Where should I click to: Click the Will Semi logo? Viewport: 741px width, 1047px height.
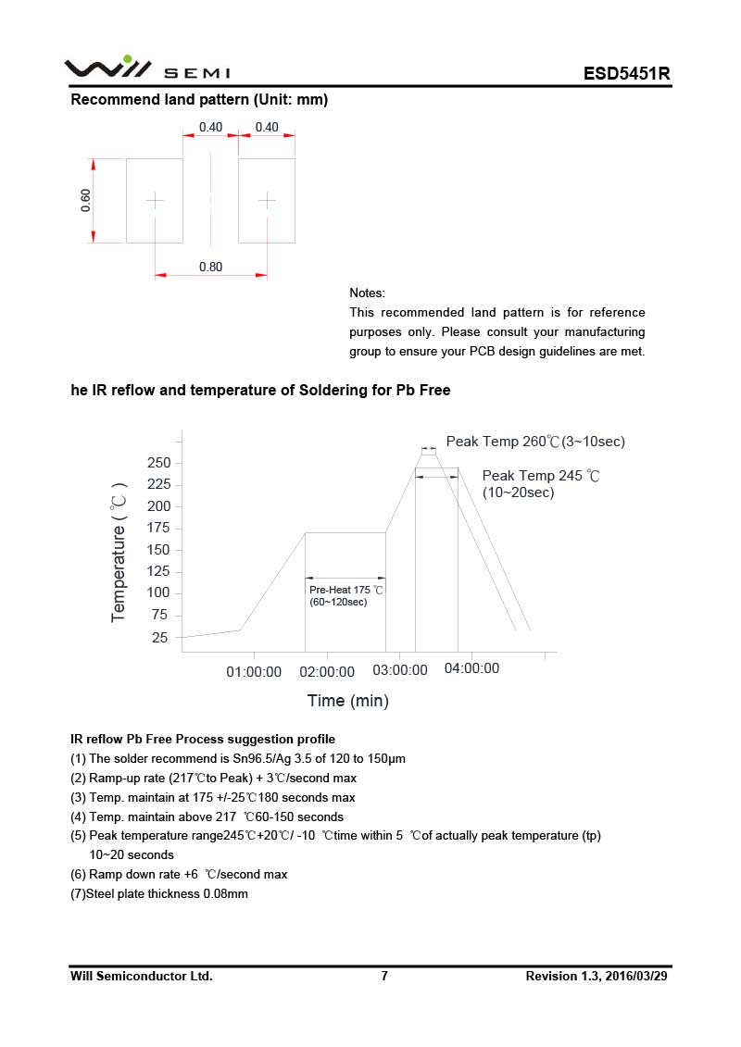pos(146,69)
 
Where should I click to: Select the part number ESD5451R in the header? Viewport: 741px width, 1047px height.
pos(626,74)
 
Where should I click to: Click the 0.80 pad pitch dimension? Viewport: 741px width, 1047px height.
pos(210,267)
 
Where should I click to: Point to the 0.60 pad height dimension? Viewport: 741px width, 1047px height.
pos(86,200)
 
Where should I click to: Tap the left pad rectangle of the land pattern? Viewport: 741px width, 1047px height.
pos(155,200)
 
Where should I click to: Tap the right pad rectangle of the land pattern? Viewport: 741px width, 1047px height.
pos(267,200)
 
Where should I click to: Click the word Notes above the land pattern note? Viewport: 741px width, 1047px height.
pos(367,293)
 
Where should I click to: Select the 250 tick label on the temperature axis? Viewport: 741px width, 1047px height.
pos(159,462)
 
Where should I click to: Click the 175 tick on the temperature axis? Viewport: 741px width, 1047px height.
pos(159,528)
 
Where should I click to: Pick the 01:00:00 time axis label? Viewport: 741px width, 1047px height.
pos(254,672)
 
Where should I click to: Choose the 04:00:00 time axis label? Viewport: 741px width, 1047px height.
pos(471,668)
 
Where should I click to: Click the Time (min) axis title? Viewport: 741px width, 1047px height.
pos(347,701)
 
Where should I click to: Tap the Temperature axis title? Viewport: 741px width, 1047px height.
pos(119,551)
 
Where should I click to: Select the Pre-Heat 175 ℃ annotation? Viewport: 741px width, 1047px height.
pos(345,590)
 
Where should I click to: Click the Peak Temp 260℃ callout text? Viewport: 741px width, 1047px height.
pos(535,442)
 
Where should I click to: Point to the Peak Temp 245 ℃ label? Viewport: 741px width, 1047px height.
pos(541,476)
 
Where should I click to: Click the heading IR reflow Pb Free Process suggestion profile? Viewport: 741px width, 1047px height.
pos(203,739)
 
